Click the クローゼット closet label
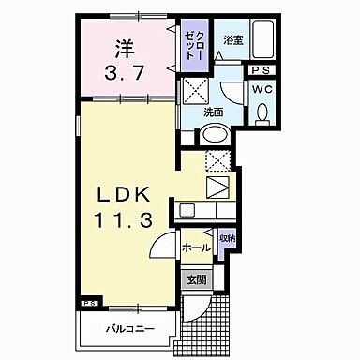(x=196, y=45)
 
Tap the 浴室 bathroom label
(x=233, y=39)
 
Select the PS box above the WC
(x=260, y=69)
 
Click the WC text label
(x=260, y=88)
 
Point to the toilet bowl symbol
(x=262, y=112)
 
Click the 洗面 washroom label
(x=213, y=112)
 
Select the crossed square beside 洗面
(x=197, y=91)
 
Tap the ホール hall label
(x=195, y=248)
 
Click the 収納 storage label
(x=228, y=240)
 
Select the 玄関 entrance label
(x=196, y=278)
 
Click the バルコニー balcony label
(x=130, y=328)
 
